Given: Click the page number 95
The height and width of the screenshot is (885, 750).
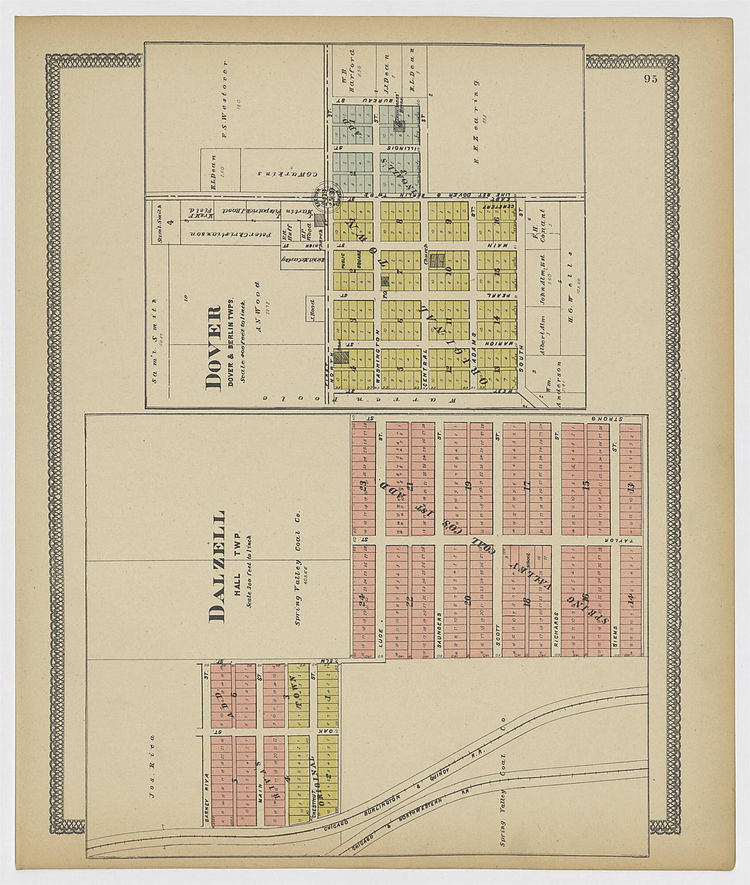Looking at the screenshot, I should (x=650, y=78).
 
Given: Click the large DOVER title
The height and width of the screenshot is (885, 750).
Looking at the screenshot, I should (x=214, y=347).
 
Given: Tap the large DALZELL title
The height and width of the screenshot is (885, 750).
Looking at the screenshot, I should (x=217, y=565).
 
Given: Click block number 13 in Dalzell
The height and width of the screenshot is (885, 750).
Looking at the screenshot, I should (x=631, y=488).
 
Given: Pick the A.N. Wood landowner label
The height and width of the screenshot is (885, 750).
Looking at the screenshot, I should (x=258, y=307).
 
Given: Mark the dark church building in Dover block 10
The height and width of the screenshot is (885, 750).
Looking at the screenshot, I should (x=440, y=260).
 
